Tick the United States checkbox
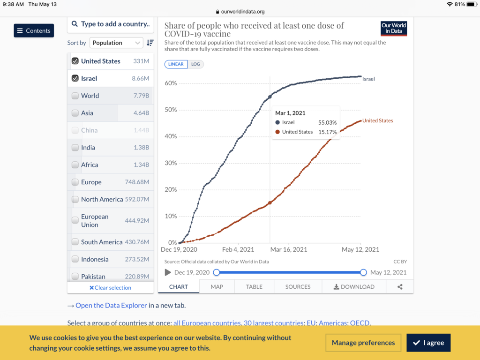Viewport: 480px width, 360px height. (x=75, y=61)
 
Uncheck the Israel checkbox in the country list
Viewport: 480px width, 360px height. (x=75, y=78)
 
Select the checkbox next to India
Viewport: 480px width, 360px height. (x=75, y=148)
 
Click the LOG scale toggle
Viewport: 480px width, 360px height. (x=195, y=64)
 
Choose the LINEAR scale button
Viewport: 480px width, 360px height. (x=176, y=64)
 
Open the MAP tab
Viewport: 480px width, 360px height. (x=217, y=286)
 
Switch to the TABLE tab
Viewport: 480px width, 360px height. (x=254, y=286)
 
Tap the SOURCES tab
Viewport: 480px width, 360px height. (x=298, y=286)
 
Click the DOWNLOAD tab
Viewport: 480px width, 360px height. (x=354, y=286)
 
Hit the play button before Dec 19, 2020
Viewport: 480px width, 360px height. (x=168, y=272)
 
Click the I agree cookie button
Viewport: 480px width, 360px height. (x=428, y=343)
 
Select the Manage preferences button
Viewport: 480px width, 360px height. (x=363, y=343)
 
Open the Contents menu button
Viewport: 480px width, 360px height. (x=34, y=30)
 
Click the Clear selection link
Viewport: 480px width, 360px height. (x=110, y=288)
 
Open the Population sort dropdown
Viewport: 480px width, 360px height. (x=116, y=43)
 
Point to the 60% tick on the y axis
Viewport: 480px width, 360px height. (x=170, y=83)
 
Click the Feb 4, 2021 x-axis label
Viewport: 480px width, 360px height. (x=238, y=249)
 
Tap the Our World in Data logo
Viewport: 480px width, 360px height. (x=394, y=28)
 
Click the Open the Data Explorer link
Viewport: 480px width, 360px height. (x=111, y=305)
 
